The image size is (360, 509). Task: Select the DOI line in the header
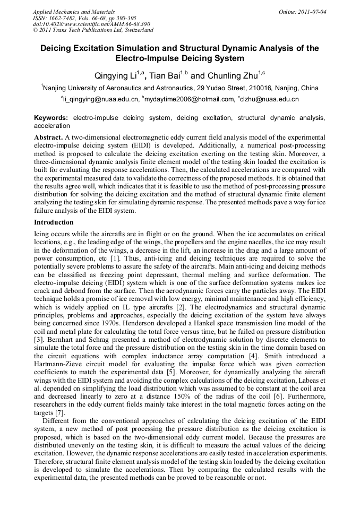[91, 24]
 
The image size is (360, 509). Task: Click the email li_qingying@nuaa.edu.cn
[101, 99]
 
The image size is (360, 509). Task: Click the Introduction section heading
[54, 222]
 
